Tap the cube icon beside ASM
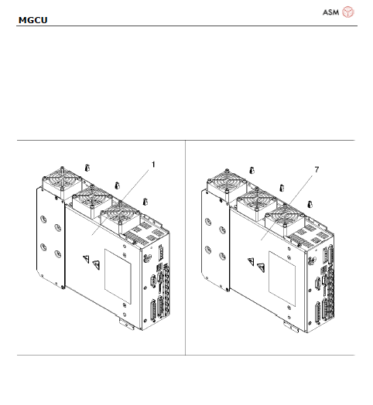pyautogui.click(x=349, y=12)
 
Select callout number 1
pyautogui.click(x=153, y=164)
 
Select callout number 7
pyautogui.click(x=316, y=168)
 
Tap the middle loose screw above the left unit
pyautogui.click(x=116, y=184)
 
